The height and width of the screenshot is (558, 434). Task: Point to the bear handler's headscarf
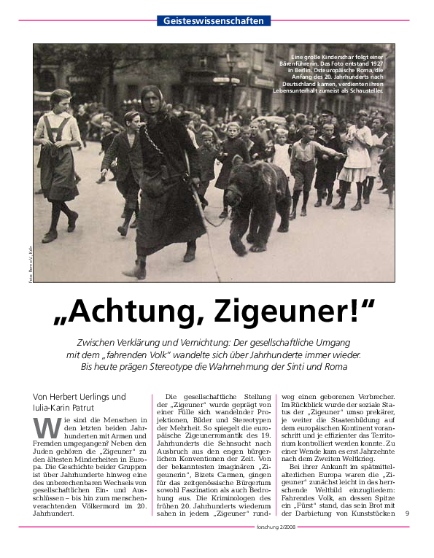pyautogui.click(x=150, y=95)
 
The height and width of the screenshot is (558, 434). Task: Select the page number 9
pyautogui.click(x=407, y=534)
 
